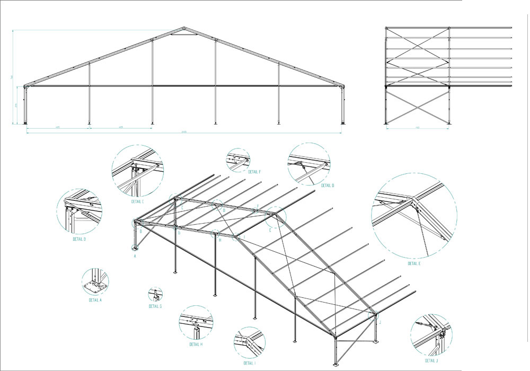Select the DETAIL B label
(79, 239)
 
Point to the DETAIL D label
(327, 185)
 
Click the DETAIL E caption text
(414, 263)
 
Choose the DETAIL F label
(254, 171)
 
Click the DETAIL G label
(155, 306)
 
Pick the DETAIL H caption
(196, 344)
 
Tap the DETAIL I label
(249, 363)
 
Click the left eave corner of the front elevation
(25, 85)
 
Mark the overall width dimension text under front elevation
(183, 131)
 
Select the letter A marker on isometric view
(135, 256)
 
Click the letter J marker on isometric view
(380, 322)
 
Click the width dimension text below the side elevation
(418, 128)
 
